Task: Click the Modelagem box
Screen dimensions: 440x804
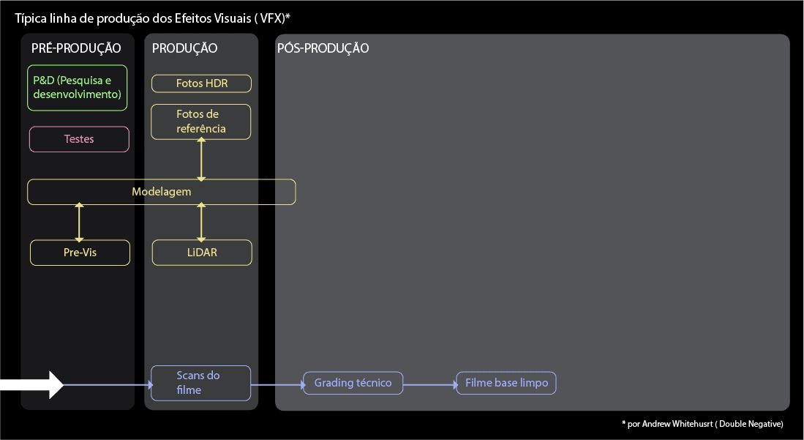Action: click(161, 192)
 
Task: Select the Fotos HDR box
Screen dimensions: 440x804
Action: click(201, 83)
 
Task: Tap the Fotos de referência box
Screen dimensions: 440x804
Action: click(201, 122)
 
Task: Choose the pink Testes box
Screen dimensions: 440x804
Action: click(79, 139)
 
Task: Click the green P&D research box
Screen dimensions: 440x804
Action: click(77, 88)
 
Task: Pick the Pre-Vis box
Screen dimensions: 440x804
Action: click(80, 253)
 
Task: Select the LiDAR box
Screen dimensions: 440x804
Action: click(202, 253)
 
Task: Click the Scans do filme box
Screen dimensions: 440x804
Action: click(200, 383)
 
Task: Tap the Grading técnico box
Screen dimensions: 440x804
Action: click(353, 383)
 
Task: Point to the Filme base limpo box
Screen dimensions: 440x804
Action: click(506, 383)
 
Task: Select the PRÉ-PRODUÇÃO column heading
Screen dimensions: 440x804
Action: click(76, 49)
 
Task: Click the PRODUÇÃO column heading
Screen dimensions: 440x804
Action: click(184, 49)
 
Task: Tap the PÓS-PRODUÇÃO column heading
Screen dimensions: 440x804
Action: click(323, 49)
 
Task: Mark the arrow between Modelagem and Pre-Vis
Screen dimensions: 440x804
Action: click(79, 223)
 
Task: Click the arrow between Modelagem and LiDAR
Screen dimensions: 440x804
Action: click(202, 223)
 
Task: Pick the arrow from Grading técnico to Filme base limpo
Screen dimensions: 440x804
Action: click(429, 384)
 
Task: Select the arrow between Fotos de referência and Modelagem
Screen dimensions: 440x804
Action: click(202, 159)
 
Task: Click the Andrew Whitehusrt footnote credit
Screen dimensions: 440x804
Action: click(702, 424)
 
